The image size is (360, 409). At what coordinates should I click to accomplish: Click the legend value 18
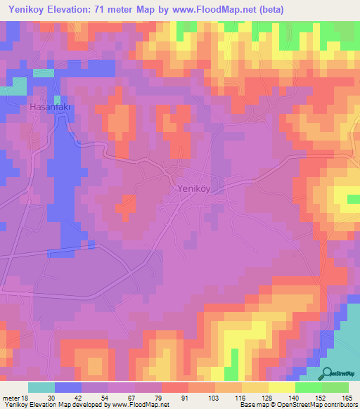tap(27, 398)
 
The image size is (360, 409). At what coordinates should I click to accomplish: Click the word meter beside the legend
tap(12, 398)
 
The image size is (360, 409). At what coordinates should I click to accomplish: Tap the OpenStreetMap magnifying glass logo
tap(327, 373)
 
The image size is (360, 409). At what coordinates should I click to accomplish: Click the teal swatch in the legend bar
tap(41, 387)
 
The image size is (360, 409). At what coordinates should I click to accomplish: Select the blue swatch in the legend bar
tap(68, 387)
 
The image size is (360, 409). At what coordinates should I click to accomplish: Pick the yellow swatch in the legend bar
tap(282, 387)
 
